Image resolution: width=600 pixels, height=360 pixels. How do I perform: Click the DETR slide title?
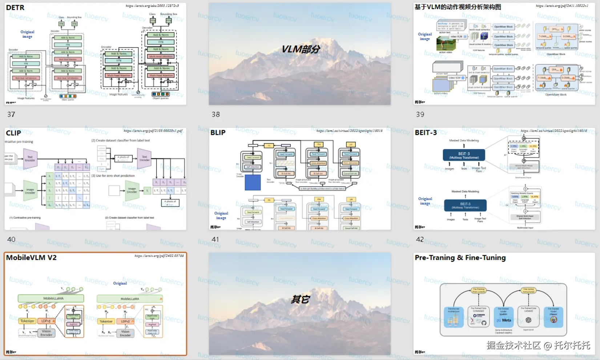click(x=15, y=8)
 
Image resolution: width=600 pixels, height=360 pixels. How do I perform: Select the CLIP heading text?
click(x=13, y=133)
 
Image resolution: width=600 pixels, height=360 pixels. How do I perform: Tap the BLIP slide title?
click(x=218, y=133)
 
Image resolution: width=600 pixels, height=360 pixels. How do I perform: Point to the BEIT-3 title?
click(x=426, y=133)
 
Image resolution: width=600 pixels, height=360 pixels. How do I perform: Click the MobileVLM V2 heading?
click(x=31, y=258)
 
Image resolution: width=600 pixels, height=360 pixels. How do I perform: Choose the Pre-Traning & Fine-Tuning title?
click(x=460, y=258)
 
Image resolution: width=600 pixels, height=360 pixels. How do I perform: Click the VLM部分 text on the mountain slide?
click(x=301, y=49)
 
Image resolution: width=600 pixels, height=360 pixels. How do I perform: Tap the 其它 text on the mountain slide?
click(x=300, y=299)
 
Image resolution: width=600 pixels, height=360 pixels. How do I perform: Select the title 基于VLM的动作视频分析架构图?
click(x=458, y=7)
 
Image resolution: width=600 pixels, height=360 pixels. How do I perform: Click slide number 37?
click(x=11, y=115)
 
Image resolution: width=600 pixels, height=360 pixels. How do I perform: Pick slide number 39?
click(x=420, y=115)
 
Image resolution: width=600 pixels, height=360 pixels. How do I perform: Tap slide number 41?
click(x=216, y=239)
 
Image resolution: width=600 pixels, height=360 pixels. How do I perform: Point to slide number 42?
click(x=420, y=239)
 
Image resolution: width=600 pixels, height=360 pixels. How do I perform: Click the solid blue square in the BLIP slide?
click(x=253, y=183)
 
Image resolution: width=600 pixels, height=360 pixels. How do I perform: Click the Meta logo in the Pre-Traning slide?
click(x=504, y=320)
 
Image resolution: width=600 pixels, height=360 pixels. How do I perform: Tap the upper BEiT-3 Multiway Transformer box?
click(x=464, y=155)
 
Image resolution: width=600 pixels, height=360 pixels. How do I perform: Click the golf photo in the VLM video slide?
click(x=446, y=44)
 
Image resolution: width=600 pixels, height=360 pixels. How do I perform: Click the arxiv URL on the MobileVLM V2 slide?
click(x=159, y=256)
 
